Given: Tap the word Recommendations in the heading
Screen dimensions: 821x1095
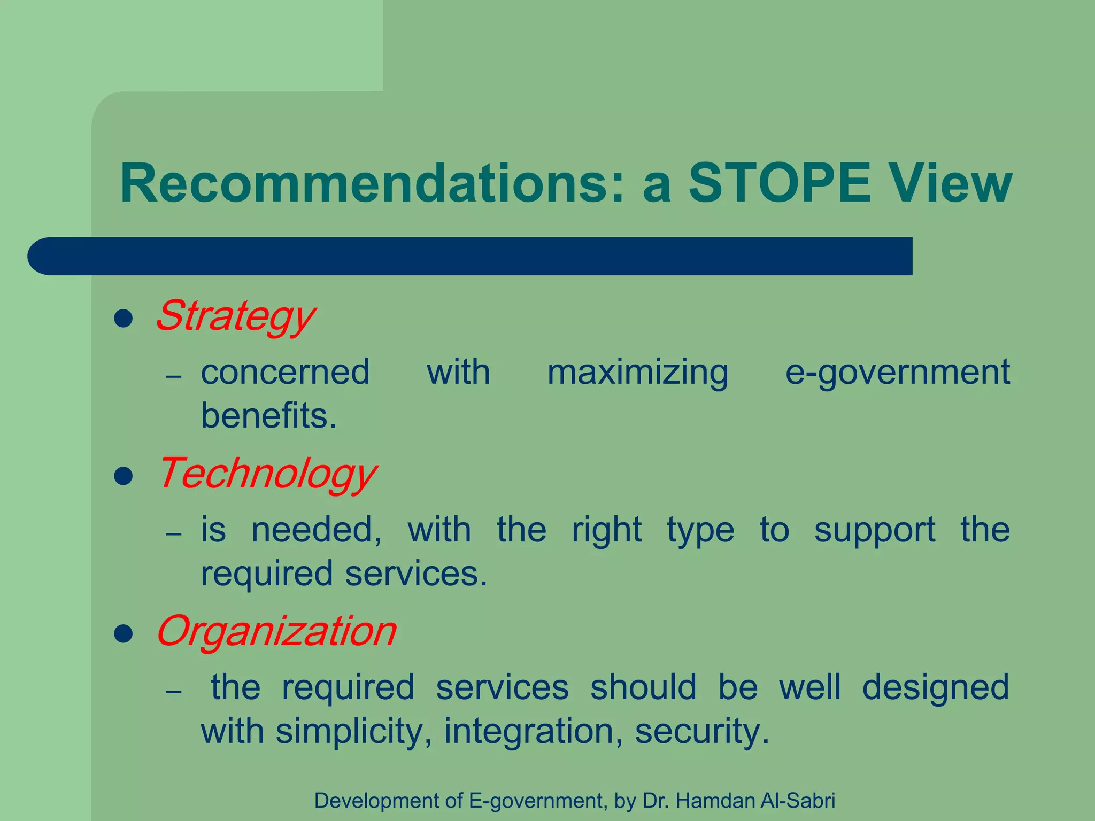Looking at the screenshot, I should pyautogui.click(x=372, y=183).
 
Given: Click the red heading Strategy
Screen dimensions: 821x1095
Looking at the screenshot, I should pyautogui.click(x=235, y=316).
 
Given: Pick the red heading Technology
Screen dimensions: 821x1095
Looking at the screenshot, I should pyautogui.click(x=267, y=474).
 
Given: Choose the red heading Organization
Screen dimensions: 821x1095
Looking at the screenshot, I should pyautogui.click(x=276, y=631).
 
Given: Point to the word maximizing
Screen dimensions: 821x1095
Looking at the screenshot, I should pyautogui.click(x=637, y=373).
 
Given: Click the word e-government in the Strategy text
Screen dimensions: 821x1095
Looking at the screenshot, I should pyautogui.click(x=897, y=373).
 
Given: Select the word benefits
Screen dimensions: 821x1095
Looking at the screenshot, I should pyautogui.click(x=268, y=416).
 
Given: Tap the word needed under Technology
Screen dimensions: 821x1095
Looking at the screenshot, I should pyautogui.click(x=317, y=530).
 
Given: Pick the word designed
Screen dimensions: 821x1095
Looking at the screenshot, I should pyautogui.click(x=935, y=688).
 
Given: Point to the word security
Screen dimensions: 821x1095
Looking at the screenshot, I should pyautogui.click(x=701, y=732).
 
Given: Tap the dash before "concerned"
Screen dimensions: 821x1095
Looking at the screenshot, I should pyautogui.click(x=174, y=377).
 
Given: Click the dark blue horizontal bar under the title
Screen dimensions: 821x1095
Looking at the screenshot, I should pyautogui.click(x=471, y=256).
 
